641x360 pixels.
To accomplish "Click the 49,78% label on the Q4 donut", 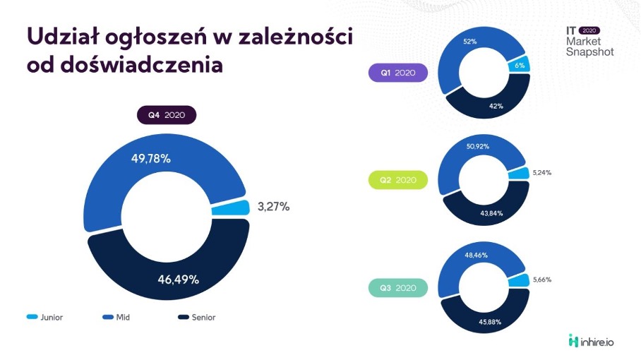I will [x=150, y=158].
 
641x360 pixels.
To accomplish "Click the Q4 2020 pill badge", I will [x=167, y=114].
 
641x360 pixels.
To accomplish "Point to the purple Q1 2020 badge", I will [x=398, y=73].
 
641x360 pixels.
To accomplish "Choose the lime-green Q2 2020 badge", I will [x=398, y=180].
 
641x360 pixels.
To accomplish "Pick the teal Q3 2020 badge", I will [x=398, y=288].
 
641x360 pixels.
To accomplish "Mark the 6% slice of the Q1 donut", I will [x=520, y=66].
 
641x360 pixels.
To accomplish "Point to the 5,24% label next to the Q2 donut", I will [x=542, y=172].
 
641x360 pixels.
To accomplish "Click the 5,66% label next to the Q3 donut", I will [x=542, y=280].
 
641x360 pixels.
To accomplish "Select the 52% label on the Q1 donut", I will [x=470, y=42].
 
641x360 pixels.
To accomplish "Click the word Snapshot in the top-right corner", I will [x=590, y=52].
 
